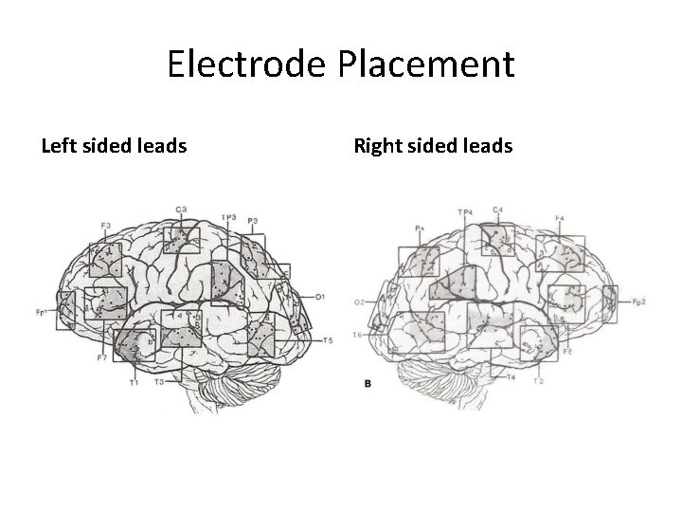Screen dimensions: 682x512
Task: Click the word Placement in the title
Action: coord(432,64)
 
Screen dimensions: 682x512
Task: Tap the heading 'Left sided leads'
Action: coord(114,146)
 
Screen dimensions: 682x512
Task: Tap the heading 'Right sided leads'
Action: coord(433,146)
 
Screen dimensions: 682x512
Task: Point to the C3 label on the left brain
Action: coord(180,209)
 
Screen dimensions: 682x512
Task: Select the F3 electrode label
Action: coord(105,225)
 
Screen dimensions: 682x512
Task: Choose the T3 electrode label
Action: coord(160,381)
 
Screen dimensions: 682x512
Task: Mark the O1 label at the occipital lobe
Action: coord(321,297)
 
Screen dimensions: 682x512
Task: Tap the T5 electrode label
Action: coord(328,340)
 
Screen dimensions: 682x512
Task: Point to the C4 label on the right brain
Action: coord(497,210)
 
